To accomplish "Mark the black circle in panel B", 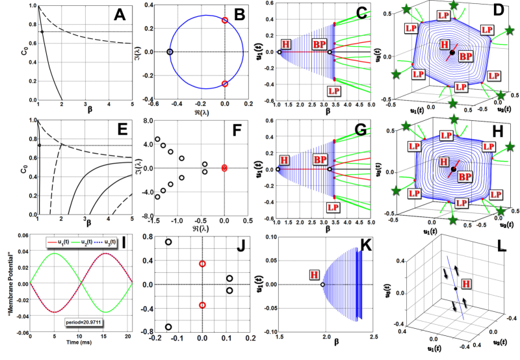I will click(x=170, y=51).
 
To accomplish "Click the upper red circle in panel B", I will click(x=225, y=20).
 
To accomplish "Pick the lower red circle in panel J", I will click(x=202, y=305).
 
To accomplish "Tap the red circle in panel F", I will click(x=225, y=168).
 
